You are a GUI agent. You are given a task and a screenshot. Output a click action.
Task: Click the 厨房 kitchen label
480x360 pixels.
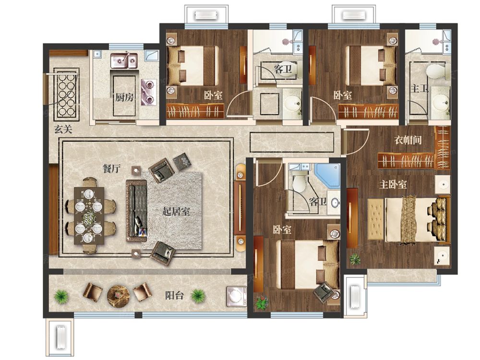click(x=125, y=97)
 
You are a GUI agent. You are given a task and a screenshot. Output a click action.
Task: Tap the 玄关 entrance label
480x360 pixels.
click(x=63, y=130)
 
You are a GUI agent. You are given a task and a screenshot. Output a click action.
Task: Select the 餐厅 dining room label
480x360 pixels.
click(x=111, y=168)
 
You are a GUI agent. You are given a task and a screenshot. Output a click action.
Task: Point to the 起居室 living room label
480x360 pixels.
click(x=176, y=212)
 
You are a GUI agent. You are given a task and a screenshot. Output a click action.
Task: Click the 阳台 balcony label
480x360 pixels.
click(x=175, y=296)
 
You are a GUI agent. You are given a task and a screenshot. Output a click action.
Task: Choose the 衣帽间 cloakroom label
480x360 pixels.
click(x=408, y=140)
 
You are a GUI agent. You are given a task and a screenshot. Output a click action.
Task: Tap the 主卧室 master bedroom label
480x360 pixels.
click(x=393, y=185)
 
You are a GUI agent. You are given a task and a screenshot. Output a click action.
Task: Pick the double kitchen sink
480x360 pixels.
click(x=124, y=60)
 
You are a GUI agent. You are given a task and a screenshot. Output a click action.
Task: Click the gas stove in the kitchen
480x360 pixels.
click(x=148, y=92)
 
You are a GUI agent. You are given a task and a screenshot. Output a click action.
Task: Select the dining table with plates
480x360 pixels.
click(x=89, y=216)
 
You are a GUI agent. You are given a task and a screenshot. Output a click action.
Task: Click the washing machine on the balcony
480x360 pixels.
click(x=237, y=296)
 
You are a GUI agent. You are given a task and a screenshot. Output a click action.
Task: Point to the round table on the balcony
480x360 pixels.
click(x=119, y=295)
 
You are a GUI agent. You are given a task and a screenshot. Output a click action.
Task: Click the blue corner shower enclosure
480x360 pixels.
click(x=327, y=176)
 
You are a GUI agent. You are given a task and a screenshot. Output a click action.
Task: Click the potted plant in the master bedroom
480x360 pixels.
click(x=355, y=259)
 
